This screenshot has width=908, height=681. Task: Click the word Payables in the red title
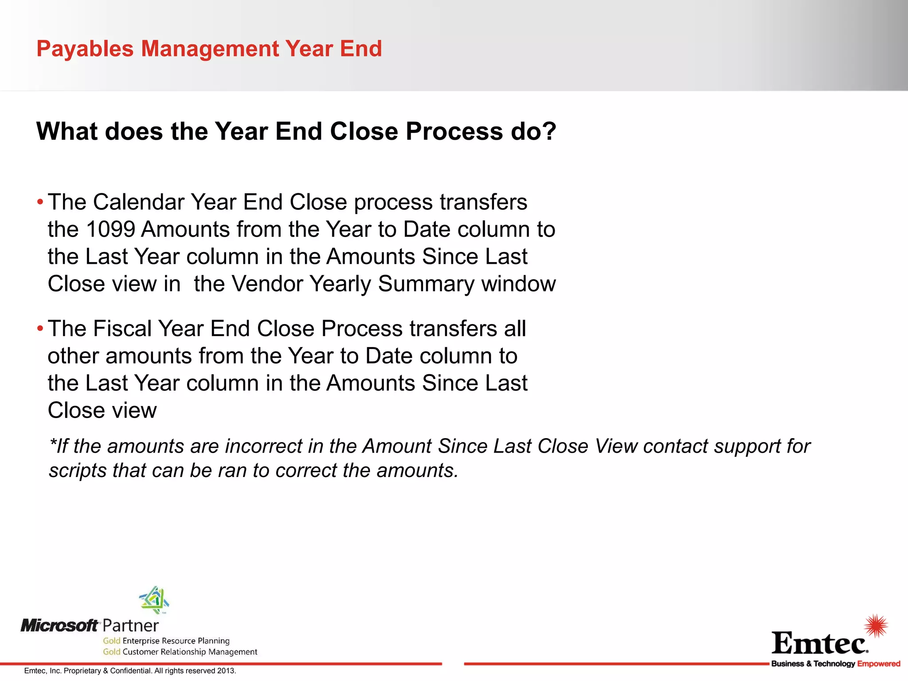point(85,49)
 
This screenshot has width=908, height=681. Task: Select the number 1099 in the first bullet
point(110,230)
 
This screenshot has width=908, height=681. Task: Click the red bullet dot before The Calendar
point(40,203)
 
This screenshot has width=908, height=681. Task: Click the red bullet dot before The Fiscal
point(40,329)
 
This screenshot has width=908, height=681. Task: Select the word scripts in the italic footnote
point(78,470)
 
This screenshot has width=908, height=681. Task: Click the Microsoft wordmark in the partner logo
point(59,626)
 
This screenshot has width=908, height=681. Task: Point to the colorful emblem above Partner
point(154,600)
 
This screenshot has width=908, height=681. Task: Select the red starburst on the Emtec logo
point(876,626)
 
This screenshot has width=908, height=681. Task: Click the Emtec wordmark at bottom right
point(819,644)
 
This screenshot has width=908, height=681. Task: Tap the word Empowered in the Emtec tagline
point(878,664)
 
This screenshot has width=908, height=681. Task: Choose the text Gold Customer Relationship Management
point(180,652)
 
